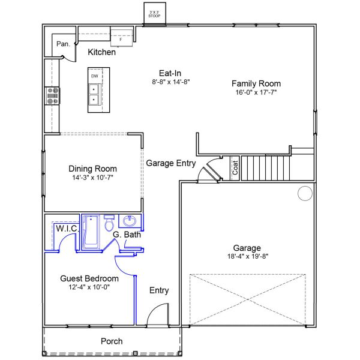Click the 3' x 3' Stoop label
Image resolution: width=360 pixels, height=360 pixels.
click(x=154, y=14)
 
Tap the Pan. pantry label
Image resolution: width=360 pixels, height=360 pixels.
click(x=64, y=44)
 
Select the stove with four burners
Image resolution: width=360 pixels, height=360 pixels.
click(x=53, y=96)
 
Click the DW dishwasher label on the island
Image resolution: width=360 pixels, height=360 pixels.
click(x=95, y=76)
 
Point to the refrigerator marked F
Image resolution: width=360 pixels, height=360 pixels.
click(x=121, y=38)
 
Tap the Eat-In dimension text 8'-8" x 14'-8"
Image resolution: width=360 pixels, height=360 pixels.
click(x=171, y=82)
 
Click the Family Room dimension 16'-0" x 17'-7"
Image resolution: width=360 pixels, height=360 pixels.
click(x=256, y=92)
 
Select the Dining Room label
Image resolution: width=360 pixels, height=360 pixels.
click(x=93, y=169)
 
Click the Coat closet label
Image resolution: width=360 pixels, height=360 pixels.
click(x=235, y=168)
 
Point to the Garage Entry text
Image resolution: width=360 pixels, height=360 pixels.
click(x=171, y=163)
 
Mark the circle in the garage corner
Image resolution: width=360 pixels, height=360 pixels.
click(x=305, y=193)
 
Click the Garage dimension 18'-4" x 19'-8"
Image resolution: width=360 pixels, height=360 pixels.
click(x=248, y=256)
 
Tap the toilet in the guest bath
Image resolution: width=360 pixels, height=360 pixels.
click(x=109, y=223)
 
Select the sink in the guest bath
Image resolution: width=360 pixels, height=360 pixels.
click(x=130, y=221)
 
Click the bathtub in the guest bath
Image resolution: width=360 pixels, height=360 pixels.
click(x=91, y=232)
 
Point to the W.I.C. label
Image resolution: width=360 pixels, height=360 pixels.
click(x=67, y=229)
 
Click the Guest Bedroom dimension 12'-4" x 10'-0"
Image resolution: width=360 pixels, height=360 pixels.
click(x=89, y=287)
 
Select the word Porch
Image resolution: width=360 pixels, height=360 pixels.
click(x=112, y=341)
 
